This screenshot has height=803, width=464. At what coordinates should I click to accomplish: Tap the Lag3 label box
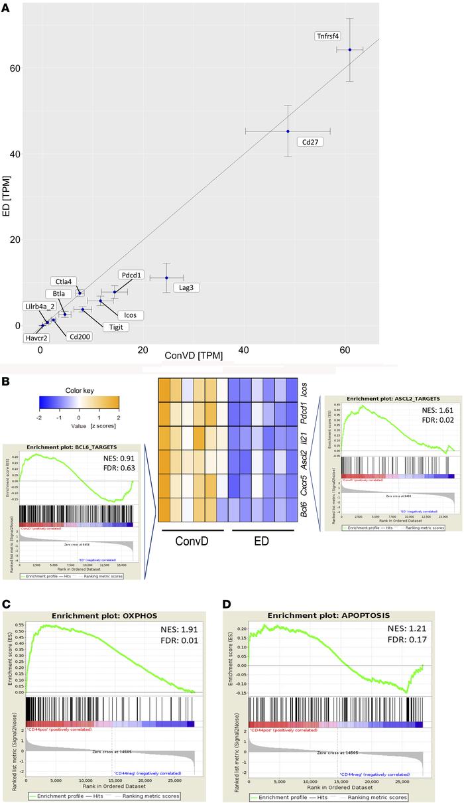[x=186, y=287]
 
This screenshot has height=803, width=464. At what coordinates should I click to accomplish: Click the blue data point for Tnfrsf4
[x=350, y=50]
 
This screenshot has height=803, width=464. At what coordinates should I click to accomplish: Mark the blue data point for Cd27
[x=288, y=131]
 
